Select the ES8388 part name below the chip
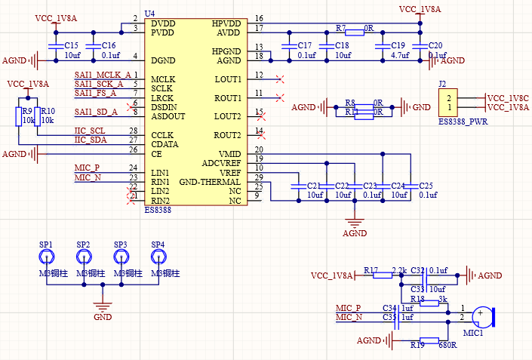pos(158,211)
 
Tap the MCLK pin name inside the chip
pos(164,79)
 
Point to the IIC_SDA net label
pos(91,140)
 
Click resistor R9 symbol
pos(19,115)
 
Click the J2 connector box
pos(449,103)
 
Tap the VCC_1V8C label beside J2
pos(508,98)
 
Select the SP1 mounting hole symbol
pos(46,257)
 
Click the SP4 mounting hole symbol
pos(158,257)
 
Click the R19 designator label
pos(417,345)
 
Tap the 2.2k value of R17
pos(399,270)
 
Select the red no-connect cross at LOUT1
pos(280,78)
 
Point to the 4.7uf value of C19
pos(399,56)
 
